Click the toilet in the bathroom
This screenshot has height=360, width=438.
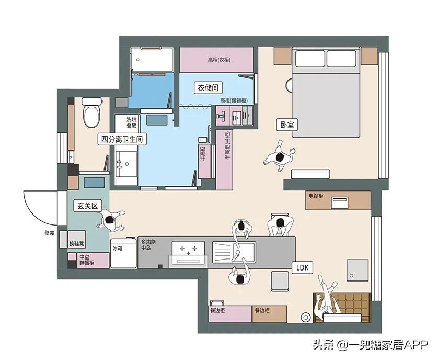[x=91, y=114]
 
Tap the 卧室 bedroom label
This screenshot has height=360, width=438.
[x=287, y=125]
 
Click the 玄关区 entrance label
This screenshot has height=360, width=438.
[x=88, y=206]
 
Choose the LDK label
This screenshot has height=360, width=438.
[x=303, y=268]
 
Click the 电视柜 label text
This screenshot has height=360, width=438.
[x=316, y=196]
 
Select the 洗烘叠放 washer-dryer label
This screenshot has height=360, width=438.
[x=131, y=123]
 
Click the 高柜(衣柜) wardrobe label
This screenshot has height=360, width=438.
[x=219, y=60]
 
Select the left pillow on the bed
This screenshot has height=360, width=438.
[x=309, y=58]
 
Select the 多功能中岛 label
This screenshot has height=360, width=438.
[x=150, y=245]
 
